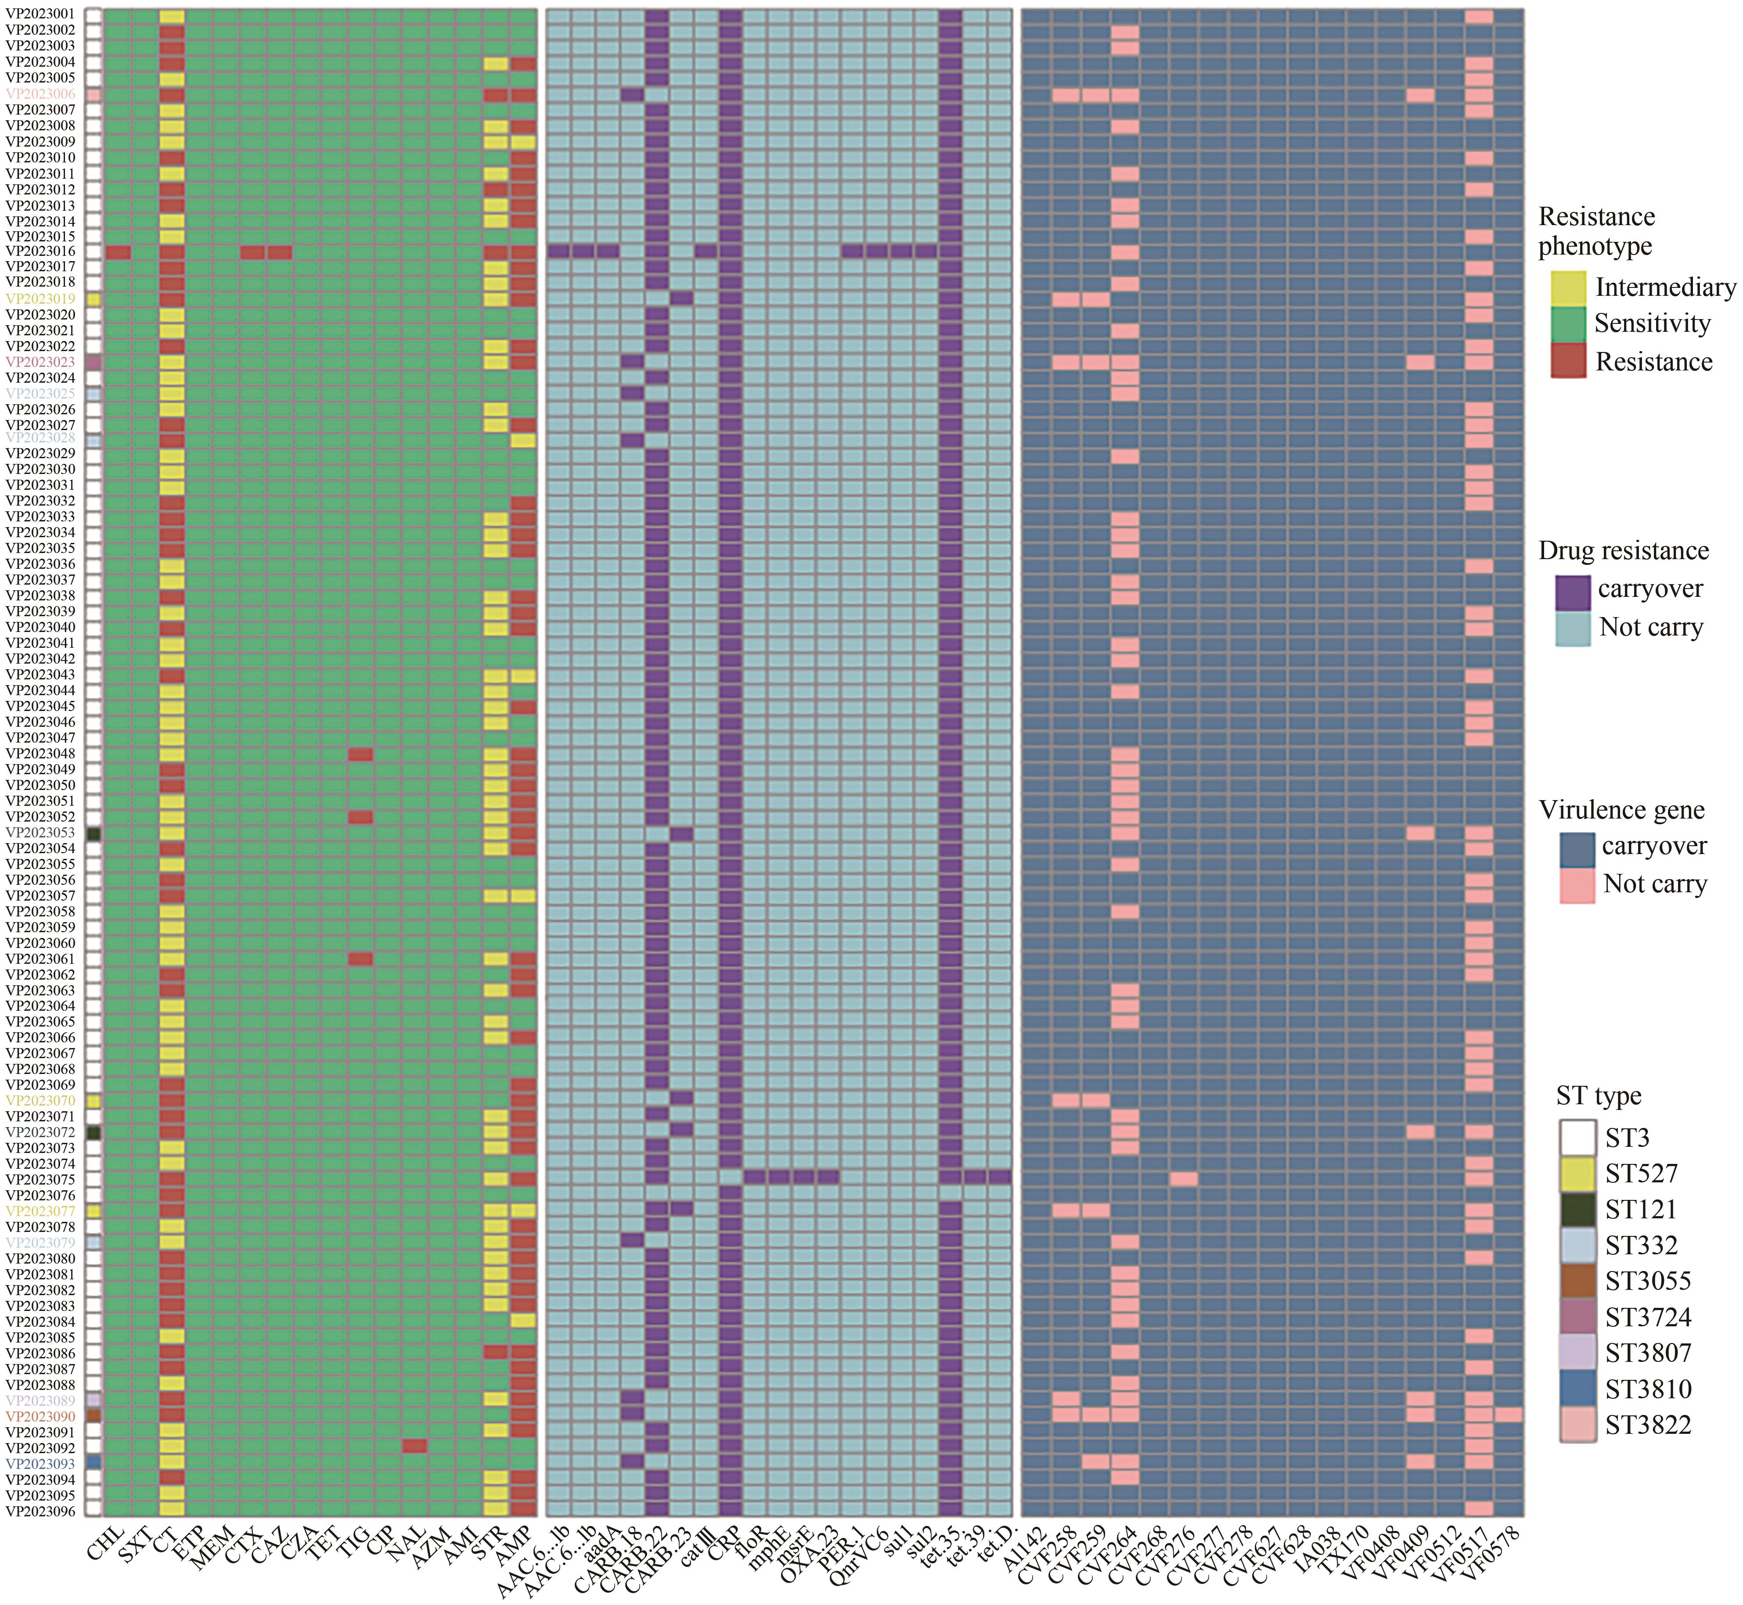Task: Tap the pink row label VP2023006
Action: [41, 94]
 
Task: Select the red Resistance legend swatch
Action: [1567, 361]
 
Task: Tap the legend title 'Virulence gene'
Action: [1621, 810]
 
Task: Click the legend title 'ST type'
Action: [1599, 1096]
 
